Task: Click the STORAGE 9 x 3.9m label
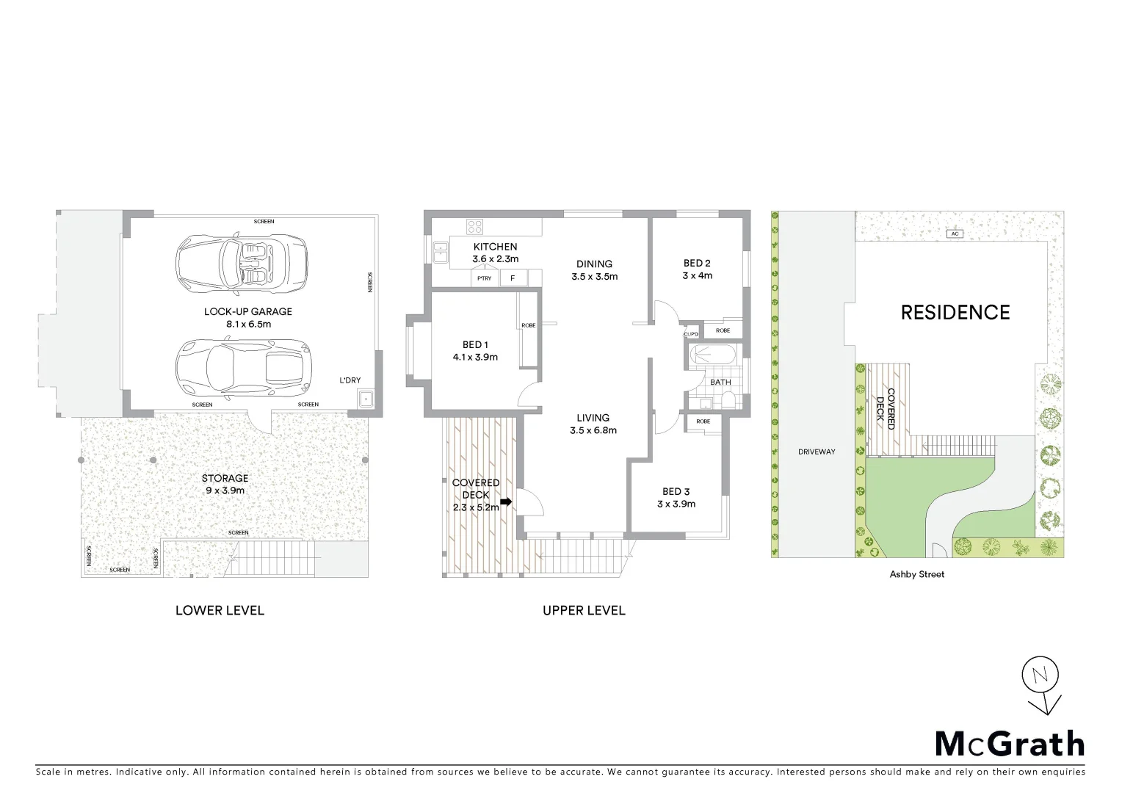click(225, 484)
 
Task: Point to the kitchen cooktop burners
click(474, 227)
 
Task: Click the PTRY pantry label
click(484, 278)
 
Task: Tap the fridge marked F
click(513, 278)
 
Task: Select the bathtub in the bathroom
click(712, 356)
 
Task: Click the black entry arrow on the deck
click(506, 503)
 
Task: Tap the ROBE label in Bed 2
click(723, 330)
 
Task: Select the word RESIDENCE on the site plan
click(955, 313)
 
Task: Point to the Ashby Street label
click(917, 574)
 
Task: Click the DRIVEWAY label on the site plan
click(817, 452)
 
